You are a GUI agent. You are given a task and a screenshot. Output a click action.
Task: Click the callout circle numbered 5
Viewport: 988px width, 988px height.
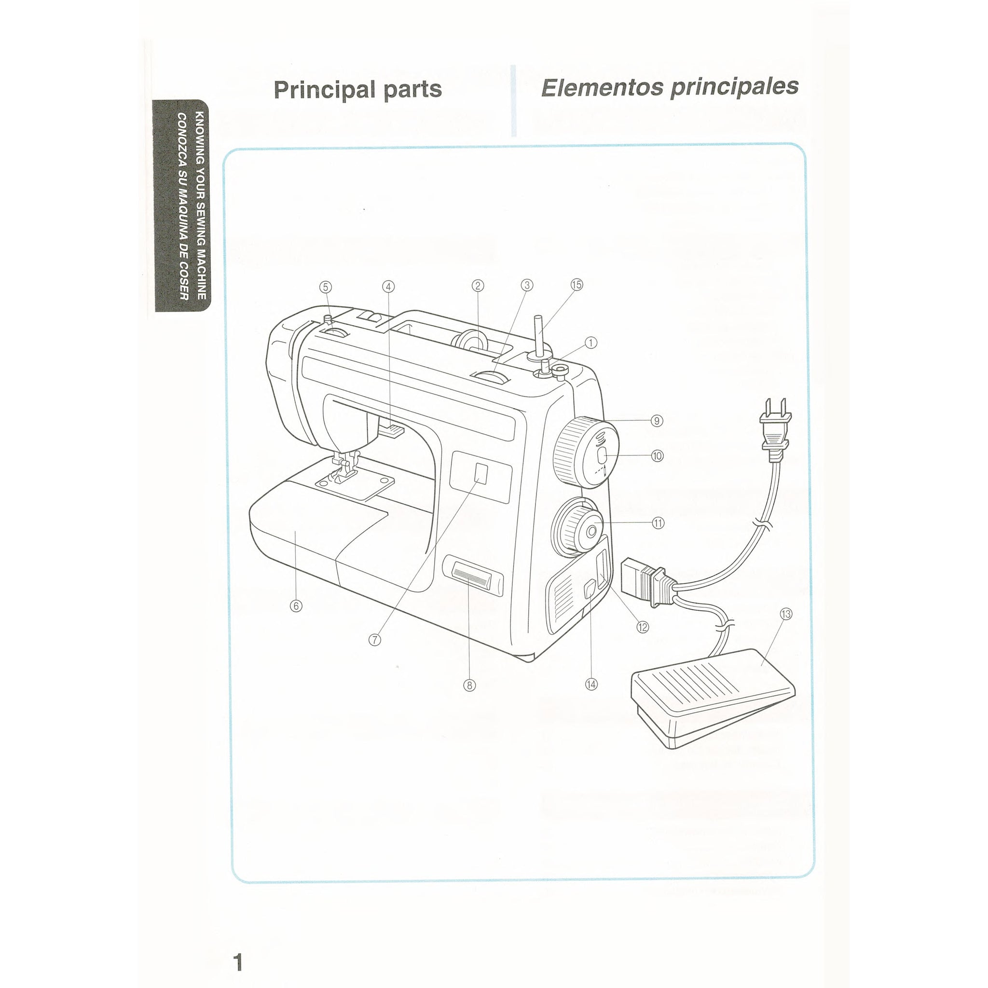click(x=326, y=287)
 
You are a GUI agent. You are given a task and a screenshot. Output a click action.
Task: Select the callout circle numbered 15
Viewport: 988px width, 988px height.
click(x=576, y=285)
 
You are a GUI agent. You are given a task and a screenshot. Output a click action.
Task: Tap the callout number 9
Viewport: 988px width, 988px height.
click(x=657, y=421)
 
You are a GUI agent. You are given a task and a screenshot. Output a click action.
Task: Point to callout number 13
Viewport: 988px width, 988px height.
click(x=786, y=614)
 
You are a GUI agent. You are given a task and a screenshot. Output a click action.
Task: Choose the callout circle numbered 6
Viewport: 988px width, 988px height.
click(x=296, y=606)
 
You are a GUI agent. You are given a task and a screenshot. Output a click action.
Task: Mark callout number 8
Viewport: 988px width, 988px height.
click(x=469, y=685)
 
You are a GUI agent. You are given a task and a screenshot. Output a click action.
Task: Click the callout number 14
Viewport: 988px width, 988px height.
click(x=591, y=684)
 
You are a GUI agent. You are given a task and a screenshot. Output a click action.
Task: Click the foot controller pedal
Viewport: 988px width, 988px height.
click(x=714, y=698)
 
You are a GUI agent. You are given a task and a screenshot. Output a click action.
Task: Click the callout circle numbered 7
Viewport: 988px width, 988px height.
click(x=375, y=640)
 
